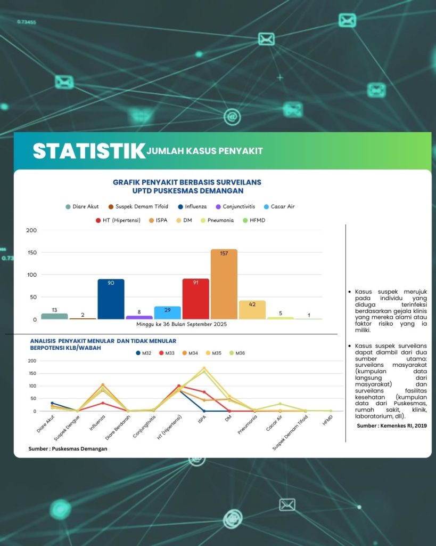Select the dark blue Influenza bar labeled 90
111,299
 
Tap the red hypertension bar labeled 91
195,299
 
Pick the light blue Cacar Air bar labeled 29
167,312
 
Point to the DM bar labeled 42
252,310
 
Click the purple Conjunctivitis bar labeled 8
139,317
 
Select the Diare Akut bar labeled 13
54,316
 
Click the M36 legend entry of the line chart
237,353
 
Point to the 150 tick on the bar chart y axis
31,253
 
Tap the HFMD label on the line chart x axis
327,421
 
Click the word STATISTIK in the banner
89,151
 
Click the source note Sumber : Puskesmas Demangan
68,449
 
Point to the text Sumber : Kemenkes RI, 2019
391,425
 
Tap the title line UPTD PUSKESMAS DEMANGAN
187,190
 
